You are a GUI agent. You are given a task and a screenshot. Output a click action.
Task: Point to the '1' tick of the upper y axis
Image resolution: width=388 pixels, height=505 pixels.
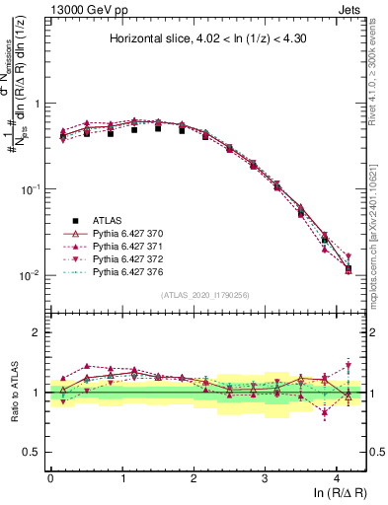(39, 103)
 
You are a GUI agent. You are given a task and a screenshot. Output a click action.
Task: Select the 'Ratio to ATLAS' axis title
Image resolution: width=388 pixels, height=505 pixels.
(13, 392)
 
